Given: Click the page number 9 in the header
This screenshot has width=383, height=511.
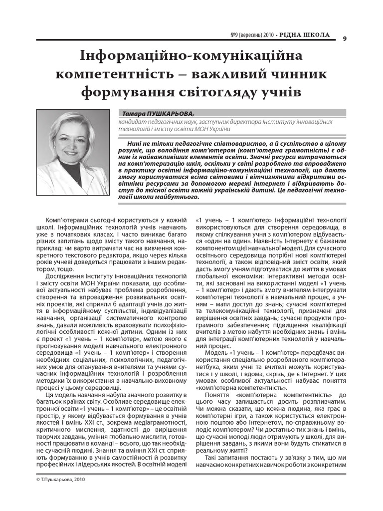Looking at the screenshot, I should [345, 41].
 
